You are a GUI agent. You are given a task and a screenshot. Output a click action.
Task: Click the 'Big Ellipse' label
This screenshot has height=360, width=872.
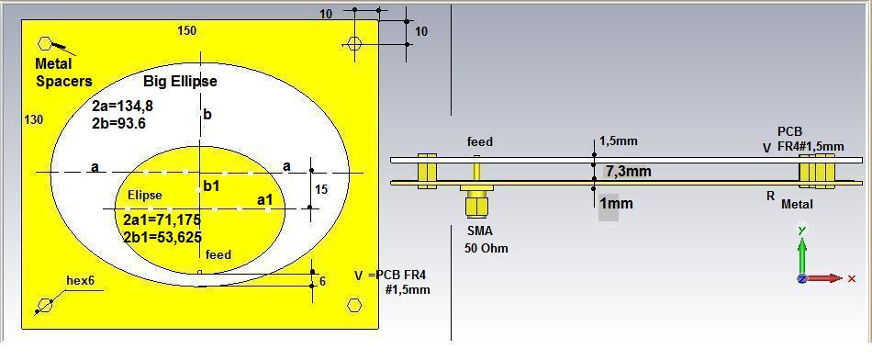pos(180,81)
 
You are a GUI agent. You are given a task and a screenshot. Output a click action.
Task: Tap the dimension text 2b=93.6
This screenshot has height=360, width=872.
pos(118,123)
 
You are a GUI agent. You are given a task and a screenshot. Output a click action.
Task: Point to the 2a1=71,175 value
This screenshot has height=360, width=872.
pos(162,220)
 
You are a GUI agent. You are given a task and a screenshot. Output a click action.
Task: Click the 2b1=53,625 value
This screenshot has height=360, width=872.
pos(162,237)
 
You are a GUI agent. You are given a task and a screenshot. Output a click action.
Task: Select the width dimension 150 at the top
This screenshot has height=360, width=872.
pos(186,31)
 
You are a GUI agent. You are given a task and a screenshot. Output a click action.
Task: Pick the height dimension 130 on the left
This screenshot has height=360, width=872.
pos(33,120)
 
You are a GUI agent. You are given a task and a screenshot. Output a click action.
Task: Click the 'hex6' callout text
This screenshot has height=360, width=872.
pos(80,280)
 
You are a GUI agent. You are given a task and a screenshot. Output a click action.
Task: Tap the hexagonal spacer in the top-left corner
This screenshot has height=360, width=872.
pos(45,43)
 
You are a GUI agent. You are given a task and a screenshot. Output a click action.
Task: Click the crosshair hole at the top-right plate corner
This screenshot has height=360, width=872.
pos(354,43)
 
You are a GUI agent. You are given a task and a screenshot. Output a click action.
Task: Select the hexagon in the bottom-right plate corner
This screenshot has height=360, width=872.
pos(354,305)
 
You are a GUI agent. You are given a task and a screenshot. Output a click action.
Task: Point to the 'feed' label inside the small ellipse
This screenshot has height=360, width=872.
pos(218,254)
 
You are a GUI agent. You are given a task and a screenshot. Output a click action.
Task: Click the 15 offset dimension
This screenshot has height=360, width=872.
pos(320,189)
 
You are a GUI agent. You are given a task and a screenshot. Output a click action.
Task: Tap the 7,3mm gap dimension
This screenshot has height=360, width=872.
pos(629,172)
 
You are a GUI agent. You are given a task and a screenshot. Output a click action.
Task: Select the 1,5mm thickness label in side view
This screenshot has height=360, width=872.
pos(618,141)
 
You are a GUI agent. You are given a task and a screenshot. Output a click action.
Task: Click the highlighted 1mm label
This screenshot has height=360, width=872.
pos(615,204)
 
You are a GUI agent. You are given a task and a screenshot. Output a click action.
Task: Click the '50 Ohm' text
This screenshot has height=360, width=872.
pos(486,248)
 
